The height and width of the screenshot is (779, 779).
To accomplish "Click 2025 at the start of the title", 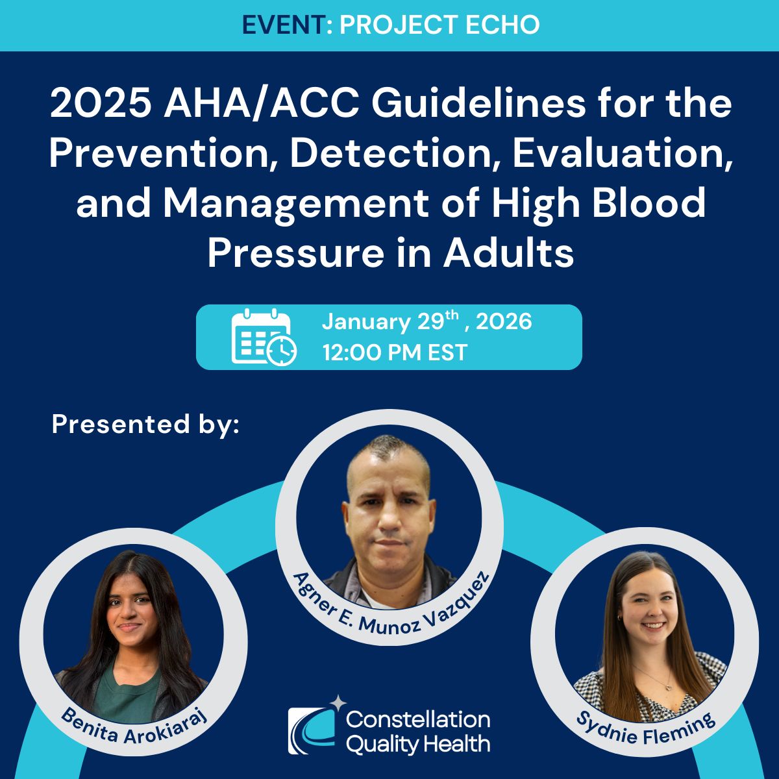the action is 101,105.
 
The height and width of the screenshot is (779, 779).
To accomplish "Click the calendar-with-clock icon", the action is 264,337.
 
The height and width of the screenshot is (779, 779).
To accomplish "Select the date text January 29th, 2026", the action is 427,321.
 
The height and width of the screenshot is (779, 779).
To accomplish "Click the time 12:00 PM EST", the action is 395,352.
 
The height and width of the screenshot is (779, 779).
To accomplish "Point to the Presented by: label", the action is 145,425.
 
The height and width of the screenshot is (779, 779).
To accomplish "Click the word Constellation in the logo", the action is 418,719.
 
